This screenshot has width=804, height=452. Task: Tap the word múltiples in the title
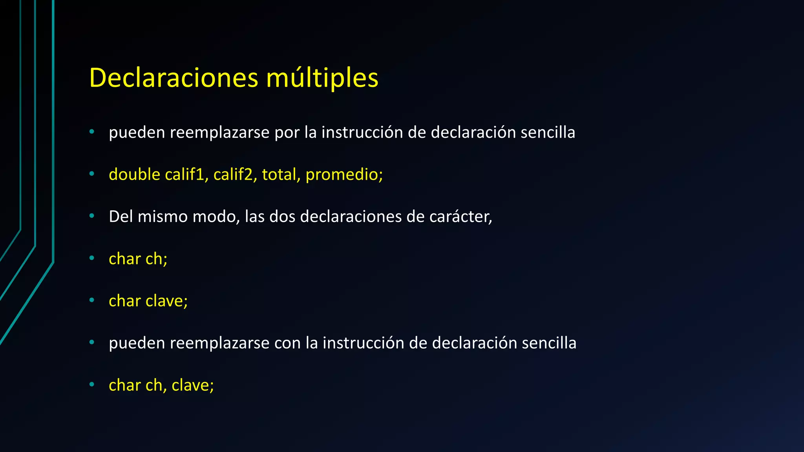coord(322,78)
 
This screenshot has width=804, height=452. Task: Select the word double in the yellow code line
coord(134,174)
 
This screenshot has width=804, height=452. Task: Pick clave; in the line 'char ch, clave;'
coord(192,385)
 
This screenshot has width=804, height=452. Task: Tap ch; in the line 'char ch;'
coord(156,259)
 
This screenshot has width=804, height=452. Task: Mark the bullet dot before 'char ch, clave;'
coord(92,385)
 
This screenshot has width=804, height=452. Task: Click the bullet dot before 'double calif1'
coord(92,174)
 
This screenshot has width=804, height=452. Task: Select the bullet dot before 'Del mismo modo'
coord(92,216)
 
